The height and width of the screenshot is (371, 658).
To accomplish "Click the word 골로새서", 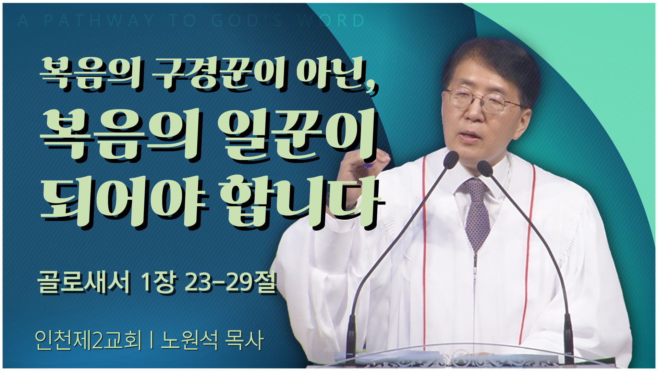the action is (x=84, y=282).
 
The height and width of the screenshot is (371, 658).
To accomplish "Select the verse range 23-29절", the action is (x=230, y=282).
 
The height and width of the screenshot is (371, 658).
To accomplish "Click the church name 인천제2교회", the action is (x=88, y=340).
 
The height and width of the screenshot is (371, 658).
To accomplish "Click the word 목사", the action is (x=245, y=340).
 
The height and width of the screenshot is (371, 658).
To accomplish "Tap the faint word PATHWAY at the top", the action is (x=99, y=21).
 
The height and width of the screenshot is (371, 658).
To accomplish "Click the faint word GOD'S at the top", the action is (x=247, y=21).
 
